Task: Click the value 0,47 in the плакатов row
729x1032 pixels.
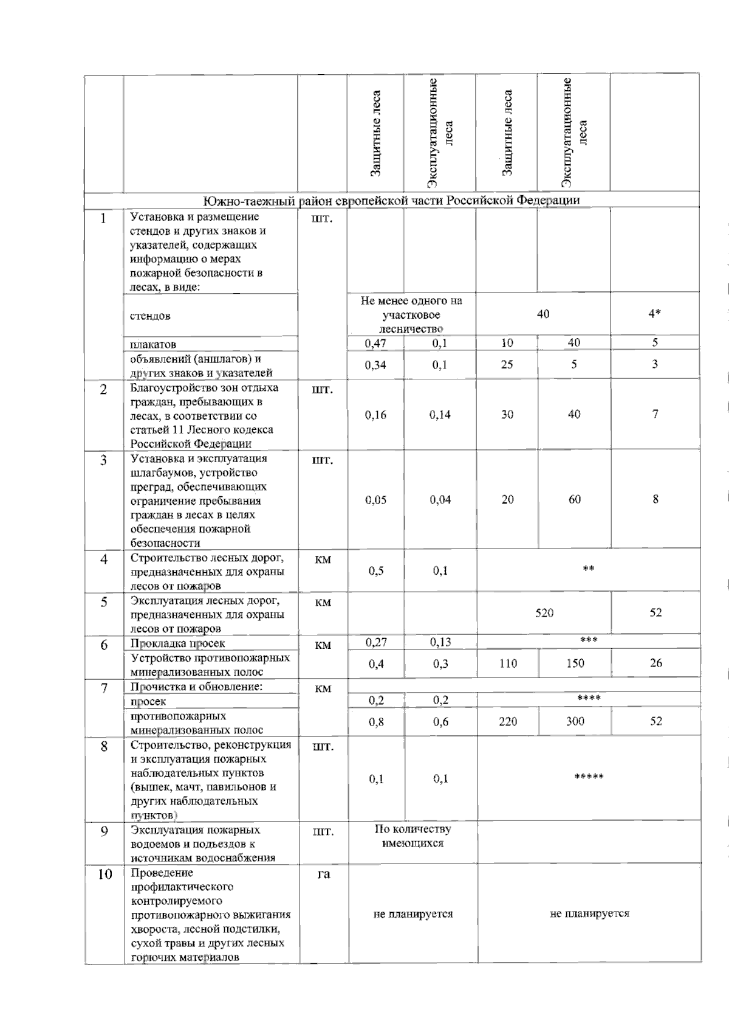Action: pos(375,343)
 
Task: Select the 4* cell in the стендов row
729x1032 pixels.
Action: pos(654,314)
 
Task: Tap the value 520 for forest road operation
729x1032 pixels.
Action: pos(544,613)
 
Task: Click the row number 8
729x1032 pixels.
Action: pos(104,746)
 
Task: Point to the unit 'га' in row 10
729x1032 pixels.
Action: pos(324,874)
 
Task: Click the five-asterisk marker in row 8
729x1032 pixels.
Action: pos(589,777)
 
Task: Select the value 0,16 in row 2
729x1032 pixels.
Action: pos(375,415)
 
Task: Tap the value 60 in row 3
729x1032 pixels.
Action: pos(574,499)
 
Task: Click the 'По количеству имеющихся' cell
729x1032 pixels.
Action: pos(412,836)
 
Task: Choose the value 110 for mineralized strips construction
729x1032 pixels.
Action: pos(508,663)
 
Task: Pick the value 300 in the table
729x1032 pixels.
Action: pos(575,721)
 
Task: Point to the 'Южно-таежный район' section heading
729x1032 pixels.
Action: pos(391,200)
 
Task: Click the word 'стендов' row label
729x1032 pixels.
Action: pos(150,316)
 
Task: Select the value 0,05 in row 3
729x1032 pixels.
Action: pos(375,500)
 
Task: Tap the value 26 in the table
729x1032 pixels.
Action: pos(655,663)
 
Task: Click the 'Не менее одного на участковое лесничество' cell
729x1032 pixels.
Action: pos(411,314)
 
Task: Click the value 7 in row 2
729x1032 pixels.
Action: pos(655,414)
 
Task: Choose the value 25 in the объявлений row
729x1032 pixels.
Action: pos(507,365)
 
